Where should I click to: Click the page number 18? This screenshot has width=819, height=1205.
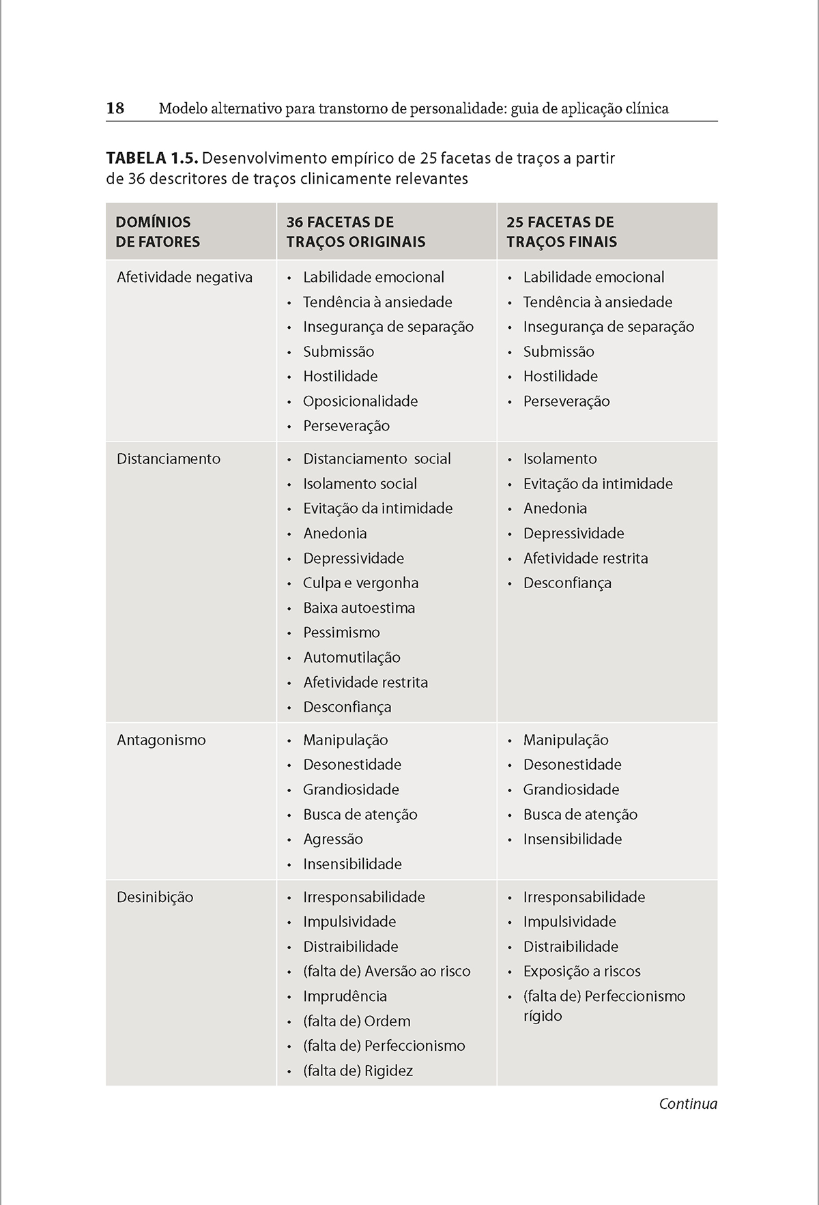[x=115, y=108]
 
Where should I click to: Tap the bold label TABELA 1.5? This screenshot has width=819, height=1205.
[x=152, y=159]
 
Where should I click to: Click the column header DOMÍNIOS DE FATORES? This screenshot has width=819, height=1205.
[x=158, y=231]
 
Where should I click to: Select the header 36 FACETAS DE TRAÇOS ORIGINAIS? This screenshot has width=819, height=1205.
[x=356, y=231]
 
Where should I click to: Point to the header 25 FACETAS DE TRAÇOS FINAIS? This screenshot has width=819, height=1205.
[x=561, y=231]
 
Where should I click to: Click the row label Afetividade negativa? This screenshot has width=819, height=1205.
[x=184, y=277]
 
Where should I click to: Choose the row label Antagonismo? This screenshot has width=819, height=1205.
[x=161, y=740]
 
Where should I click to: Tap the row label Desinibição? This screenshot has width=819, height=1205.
[x=155, y=897]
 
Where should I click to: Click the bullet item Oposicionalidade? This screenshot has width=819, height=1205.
[x=360, y=401]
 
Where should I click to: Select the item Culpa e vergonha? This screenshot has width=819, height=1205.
[x=360, y=583]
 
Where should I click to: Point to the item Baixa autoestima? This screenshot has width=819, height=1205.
[x=359, y=608]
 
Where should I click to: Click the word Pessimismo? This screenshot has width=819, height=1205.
[x=341, y=633]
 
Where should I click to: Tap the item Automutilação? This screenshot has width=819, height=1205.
[x=351, y=657]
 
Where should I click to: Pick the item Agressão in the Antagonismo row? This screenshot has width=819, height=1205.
[x=333, y=839]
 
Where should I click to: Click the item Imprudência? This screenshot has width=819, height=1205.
[x=345, y=996]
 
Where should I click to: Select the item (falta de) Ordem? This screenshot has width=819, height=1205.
[x=357, y=1021]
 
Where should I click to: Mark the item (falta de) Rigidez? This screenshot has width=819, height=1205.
[x=358, y=1071]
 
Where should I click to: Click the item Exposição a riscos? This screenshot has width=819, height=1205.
[x=581, y=971]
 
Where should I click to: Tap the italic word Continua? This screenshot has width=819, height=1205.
[x=688, y=1104]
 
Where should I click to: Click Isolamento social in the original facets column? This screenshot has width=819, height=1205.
[x=360, y=484]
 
